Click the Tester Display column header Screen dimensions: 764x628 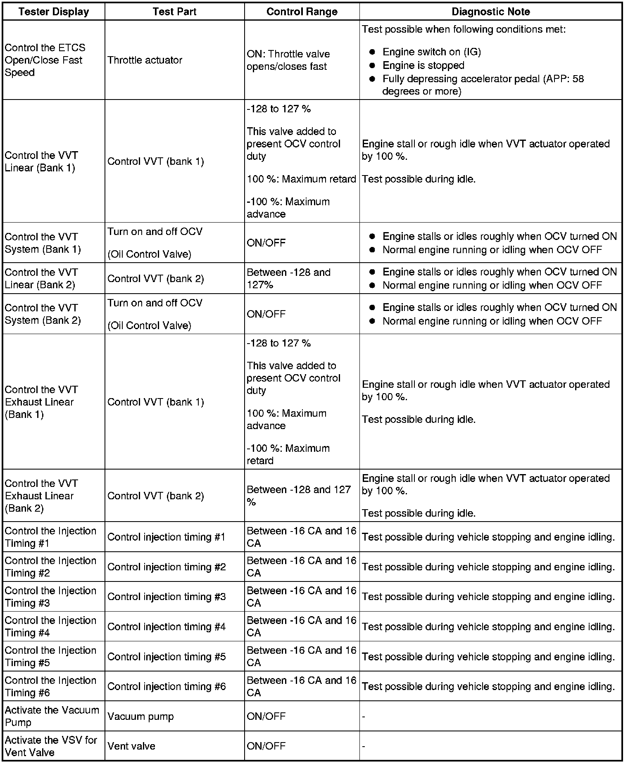coord(54,12)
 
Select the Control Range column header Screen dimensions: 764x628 coord(302,12)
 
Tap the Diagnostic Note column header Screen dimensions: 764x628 coord(490,12)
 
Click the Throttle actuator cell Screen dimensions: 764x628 coord(145,60)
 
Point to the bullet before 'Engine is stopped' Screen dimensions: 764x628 coord(372,66)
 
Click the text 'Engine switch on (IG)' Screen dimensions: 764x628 coord(431,52)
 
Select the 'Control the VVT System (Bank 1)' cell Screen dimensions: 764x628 coord(43,243)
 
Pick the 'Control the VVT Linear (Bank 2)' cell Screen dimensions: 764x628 coord(41,278)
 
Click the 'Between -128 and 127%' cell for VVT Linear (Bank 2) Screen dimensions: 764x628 coord(288,278)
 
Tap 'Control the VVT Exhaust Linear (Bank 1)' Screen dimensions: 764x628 coord(41,402)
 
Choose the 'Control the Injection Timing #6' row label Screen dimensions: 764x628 coord(50,686)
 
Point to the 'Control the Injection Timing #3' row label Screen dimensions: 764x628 coord(50,597)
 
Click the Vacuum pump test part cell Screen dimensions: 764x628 coord(140,717)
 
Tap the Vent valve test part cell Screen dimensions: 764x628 coord(131,746)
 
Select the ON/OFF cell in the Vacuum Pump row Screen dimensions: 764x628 coord(266,717)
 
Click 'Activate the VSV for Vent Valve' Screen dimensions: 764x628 coord(50,746)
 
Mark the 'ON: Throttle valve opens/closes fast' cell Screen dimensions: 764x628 coord(288,60)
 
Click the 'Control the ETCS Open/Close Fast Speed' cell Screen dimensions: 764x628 coord(45,60)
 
